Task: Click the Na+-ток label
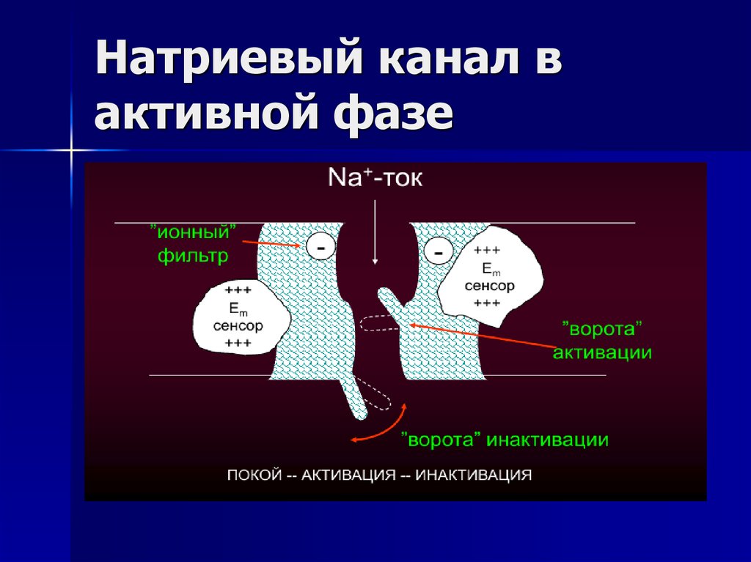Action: tap(375, 178)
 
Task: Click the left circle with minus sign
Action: tap(320, 246)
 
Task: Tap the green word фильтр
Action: tap(192, 256)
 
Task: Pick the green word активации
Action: tap(602, 352)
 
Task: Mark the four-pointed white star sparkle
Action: tap(72, 151)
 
